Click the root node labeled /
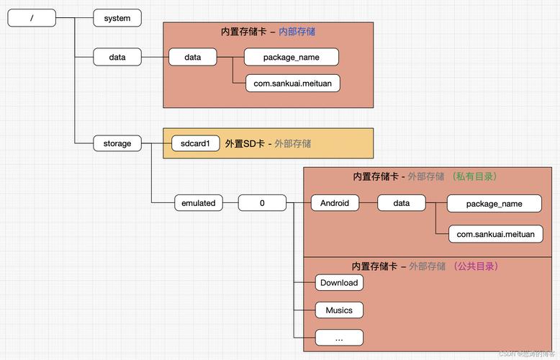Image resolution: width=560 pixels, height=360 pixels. (x=32, y=18)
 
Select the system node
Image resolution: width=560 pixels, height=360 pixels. (x=117, y=18)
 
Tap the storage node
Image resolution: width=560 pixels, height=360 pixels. (x=117, y=143)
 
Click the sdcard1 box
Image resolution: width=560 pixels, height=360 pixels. (x=195, y=143)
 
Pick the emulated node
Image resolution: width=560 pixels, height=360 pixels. (x=198, y=203)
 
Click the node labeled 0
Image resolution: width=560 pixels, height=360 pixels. (x=262, y=203)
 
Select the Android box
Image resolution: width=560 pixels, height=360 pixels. (x=335, y=203)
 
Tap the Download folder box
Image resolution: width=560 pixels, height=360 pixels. (x=339, y=283)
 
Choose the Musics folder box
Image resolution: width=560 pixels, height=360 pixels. (x=339, y=310)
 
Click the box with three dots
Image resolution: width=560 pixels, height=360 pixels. (x=339, y=337)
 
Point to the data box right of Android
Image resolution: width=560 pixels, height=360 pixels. (x=402, y=203)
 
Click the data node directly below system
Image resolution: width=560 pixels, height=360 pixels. (x=117, y=57)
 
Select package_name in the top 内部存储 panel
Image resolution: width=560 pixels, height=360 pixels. (x=291, y=57)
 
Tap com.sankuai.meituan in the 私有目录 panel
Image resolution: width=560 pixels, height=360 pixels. (x=495, y=234)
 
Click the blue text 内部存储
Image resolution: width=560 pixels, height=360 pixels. (x=297, y=32)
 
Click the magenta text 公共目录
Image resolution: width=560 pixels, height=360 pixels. (x=475, y=266)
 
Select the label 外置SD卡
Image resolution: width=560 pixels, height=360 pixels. (x=245, y=143)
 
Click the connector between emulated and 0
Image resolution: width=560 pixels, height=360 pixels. (x=230, y=203)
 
